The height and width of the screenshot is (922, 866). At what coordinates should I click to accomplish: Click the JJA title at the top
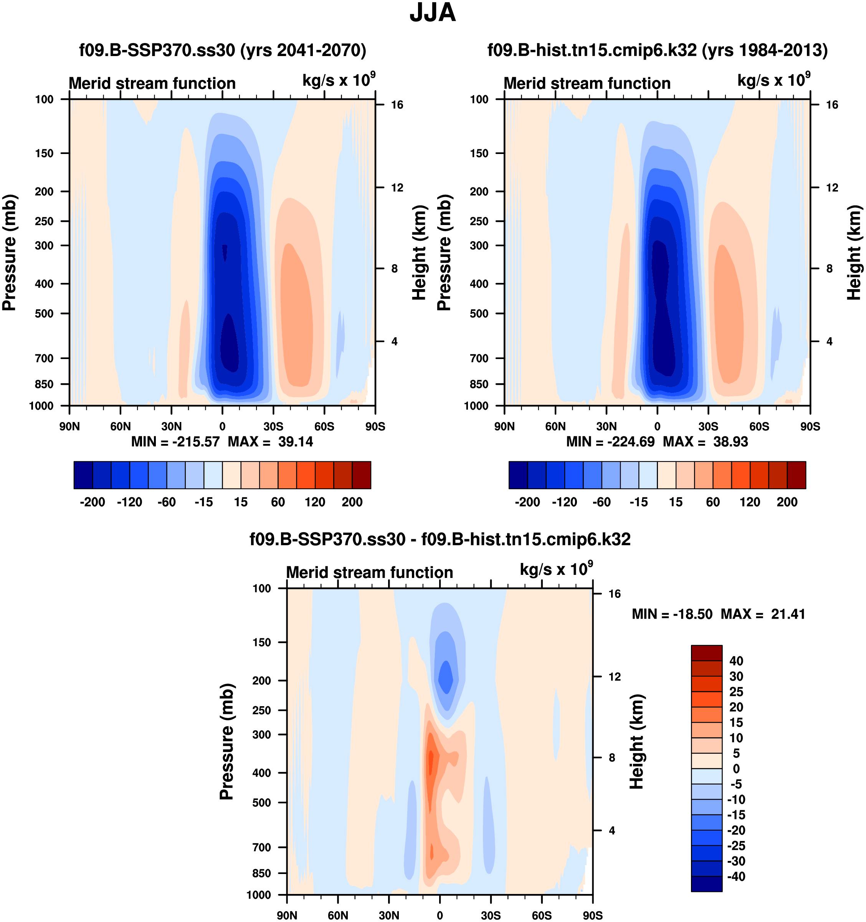click(433, 13)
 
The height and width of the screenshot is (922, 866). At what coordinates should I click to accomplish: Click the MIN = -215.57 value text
click(175, 442)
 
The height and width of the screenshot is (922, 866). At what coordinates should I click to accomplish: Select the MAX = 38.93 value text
click(705, 442)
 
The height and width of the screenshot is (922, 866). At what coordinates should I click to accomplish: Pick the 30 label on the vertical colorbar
click(736, 676)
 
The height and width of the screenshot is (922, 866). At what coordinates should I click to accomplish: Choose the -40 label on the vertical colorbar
click(736, 877)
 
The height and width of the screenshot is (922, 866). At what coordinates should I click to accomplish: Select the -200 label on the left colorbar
click(92, 502)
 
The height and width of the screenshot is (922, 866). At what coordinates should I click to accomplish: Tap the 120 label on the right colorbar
click(750, 502)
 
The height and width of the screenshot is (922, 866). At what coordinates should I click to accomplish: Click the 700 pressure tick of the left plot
click(45, 358)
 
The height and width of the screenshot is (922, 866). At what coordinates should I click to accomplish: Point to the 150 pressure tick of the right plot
click(479, 154)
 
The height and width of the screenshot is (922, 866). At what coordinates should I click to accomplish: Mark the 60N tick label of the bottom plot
click(337, 915)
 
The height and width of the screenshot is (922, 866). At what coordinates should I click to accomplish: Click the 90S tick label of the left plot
click(375, 427)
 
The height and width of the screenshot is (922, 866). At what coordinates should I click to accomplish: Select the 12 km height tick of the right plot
click(832, 188)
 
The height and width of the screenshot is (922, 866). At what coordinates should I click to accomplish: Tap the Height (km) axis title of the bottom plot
click(637, 742)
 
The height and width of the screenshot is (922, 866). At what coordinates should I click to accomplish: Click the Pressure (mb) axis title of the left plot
click(9, 253)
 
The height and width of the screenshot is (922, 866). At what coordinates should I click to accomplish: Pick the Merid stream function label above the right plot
click(587, 83)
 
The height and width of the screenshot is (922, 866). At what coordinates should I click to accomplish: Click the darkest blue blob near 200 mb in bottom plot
click(446, 677)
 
